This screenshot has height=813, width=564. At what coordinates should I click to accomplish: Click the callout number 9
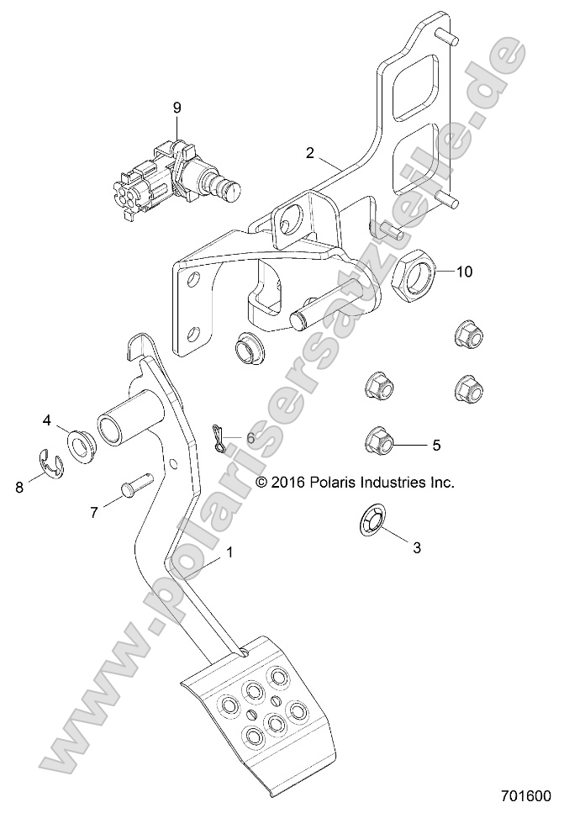click(x=177, y=107)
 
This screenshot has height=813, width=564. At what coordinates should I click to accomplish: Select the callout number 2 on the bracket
click(x=310, y=153)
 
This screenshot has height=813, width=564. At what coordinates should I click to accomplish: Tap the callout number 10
click(x=465, y=272)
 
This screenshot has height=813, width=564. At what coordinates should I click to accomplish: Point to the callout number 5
click(x=436, y=445)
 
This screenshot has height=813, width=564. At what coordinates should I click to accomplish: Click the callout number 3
click(x=415, y=547)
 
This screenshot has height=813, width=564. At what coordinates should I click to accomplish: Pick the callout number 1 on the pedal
click(x=229, y=554)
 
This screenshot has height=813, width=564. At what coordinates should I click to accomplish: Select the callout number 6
click(x=250, y=438)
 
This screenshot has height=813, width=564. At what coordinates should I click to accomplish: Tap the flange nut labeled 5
click(x=378, y=440)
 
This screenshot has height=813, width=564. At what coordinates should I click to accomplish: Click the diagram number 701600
click(x=524, y=795)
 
